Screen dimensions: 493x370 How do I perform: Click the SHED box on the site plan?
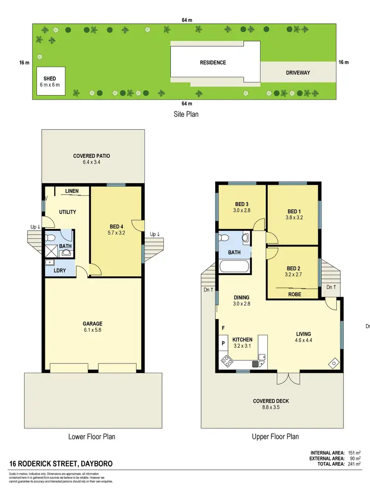pos(50,81)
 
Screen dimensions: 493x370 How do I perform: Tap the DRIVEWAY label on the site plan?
pos(298,72)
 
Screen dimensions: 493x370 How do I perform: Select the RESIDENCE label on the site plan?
pos(213,63)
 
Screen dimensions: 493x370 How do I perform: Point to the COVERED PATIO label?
pos(92,156)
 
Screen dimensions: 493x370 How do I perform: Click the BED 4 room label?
pos(117,227)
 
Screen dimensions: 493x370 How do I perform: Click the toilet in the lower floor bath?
pos(50,238)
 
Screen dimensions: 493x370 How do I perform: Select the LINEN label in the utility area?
pos(72,191)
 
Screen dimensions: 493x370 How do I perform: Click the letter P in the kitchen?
pos(223,343)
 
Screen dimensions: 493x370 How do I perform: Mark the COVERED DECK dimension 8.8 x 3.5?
pos(271,408)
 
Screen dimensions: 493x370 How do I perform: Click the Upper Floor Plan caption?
pos(275,436)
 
